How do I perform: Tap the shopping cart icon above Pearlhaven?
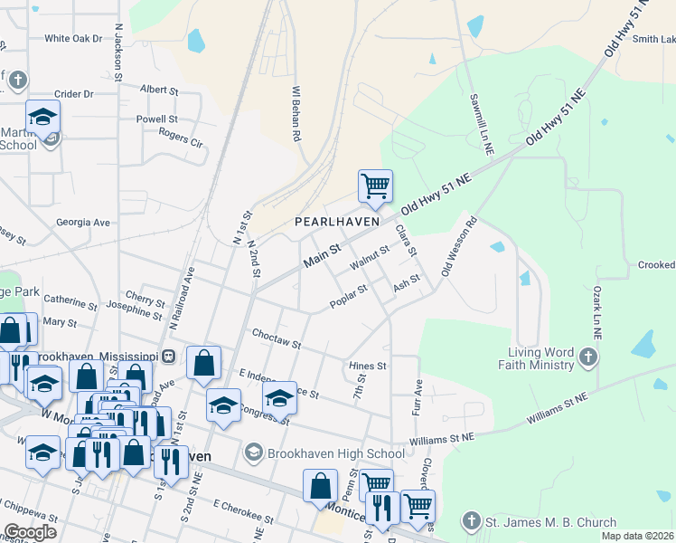[x=375, y=186]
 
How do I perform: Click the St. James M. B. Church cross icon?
[x=469, y=521]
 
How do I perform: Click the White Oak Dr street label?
[x=74, y=39]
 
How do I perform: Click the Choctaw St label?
[x=276, y=339]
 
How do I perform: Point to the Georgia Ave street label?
[x=82, y=223]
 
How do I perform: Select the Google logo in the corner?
[x=30, y=532]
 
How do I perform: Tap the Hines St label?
[x=368, y=367]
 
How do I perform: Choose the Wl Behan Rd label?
[x=296, y=114]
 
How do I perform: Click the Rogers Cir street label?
[x=181, y=136]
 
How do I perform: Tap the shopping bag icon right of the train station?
[x=205, y=363]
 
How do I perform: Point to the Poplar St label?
[x=348, y=296]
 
